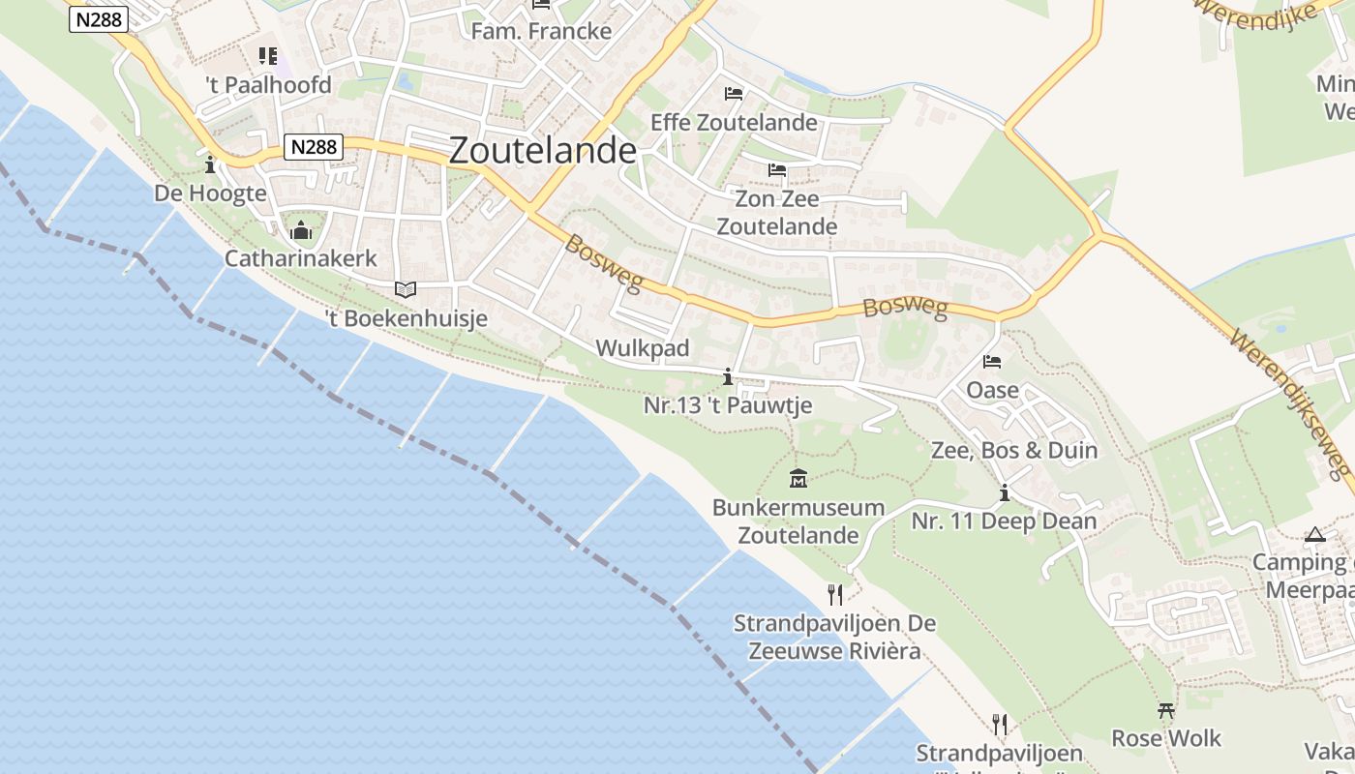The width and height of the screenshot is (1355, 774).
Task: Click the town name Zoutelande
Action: [543, 151]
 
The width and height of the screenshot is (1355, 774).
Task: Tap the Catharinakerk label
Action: [301, 258]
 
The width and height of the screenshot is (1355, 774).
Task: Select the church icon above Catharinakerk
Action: [301, 230]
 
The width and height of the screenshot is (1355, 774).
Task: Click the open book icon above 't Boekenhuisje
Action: [406, 289]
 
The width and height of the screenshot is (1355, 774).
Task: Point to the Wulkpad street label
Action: [643, 348]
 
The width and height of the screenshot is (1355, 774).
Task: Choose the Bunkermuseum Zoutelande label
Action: [798, 521]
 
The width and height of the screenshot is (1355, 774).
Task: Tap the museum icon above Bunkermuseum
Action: [798, 478]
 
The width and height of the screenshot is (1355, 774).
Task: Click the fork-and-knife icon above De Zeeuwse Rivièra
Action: [835, 594]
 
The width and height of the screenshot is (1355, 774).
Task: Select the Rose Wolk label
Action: [1166, 738]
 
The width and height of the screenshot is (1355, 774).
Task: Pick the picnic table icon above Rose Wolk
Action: [1166, 711]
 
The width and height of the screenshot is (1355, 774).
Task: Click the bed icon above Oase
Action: [992, 362]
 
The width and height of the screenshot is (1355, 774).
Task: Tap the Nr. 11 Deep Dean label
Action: [1004, 521]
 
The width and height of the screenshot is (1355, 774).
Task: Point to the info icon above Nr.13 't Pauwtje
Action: [728, 376]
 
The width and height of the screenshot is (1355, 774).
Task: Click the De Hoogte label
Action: [210, 193]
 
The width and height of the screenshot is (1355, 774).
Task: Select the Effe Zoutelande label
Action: [734, 123]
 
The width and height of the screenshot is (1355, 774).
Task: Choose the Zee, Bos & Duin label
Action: [1014, 450]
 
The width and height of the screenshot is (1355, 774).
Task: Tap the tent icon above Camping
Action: [1314, 534]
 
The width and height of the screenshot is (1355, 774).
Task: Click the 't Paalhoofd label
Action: [269, 85]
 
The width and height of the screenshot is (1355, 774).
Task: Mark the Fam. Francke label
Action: [541, 31]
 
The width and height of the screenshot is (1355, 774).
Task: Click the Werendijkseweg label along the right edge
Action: [1291, 404]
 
